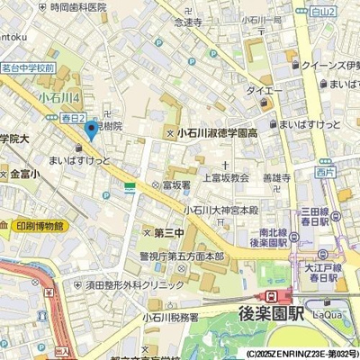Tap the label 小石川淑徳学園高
point(219,133)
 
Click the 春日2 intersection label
point(74,118)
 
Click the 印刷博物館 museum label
point(40,226)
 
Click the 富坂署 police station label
point(175,184)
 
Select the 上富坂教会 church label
point(224,177)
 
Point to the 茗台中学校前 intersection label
point(28,67)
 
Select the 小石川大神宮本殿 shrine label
point(221,210)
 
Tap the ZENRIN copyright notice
point(301,354)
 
